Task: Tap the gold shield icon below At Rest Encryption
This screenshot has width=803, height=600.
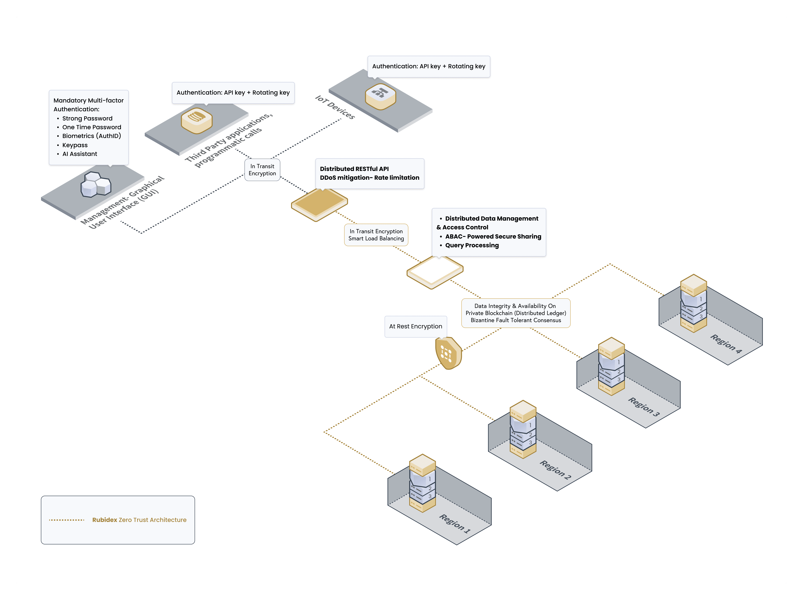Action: click(448, 353)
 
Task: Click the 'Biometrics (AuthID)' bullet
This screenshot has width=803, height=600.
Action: click(91, 136)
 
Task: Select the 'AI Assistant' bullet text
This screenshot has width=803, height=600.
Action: click(80, 154)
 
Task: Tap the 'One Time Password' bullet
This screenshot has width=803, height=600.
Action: click(91, 127)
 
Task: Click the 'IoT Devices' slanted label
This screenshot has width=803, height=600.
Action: click(335, 107)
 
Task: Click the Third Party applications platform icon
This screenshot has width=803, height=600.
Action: click(196, 120)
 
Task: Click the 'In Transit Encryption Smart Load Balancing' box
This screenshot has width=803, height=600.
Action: click(376, 235)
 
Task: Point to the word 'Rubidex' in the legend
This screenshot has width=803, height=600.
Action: click(105, 520)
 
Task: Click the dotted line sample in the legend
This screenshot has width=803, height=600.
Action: click(67, 520)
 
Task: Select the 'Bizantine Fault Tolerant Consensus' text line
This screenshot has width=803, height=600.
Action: click(515, 320)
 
